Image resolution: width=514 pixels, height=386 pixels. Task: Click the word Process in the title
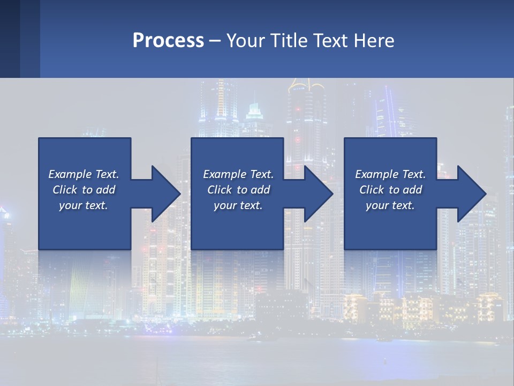168,41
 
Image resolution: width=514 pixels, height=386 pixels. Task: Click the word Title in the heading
289,41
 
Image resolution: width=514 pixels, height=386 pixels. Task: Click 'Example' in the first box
70,174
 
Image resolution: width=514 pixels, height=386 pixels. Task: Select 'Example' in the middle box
224,174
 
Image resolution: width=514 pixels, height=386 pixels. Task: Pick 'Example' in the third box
376,174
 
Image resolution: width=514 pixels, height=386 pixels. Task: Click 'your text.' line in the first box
84,205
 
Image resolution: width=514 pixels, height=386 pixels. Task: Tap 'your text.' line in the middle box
238,205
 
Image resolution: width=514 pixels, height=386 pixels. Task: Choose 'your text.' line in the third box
390,205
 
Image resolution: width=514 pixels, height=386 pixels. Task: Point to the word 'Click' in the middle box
220,190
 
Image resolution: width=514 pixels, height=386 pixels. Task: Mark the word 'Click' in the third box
372,190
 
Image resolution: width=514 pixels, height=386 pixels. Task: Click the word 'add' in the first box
106,190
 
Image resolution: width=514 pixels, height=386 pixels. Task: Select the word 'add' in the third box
413,190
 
